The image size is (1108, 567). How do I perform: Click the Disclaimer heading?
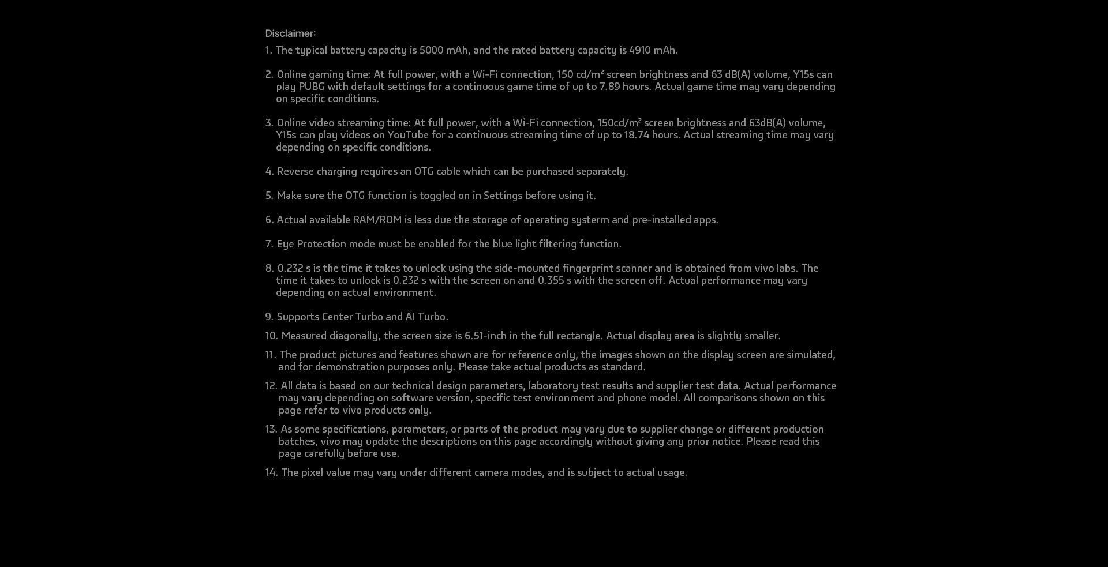click(290, 33)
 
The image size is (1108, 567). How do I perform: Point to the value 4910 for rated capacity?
click(639, 50)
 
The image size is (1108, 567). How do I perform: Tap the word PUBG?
click(311, 87)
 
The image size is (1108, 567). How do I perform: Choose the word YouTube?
click(407, 135)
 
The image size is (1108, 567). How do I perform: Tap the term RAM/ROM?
click(377, 220)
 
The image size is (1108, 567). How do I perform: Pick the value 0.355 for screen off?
click(551, 280)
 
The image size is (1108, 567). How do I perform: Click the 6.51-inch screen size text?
click(485, 336)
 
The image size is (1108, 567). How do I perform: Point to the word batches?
click(297, 441)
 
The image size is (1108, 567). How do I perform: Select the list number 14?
click(271, 472)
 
